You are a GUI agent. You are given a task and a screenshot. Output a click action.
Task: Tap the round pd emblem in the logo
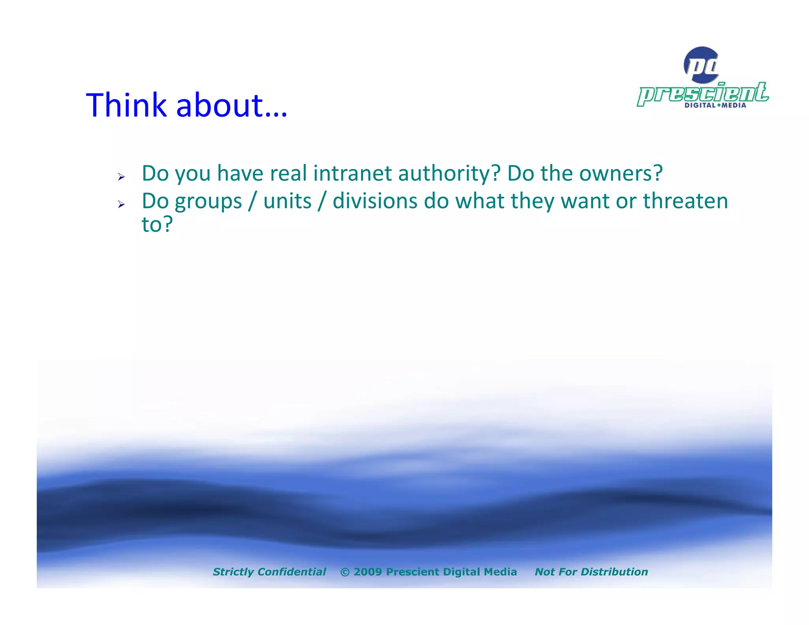pyautogui.click(x=702, y=65)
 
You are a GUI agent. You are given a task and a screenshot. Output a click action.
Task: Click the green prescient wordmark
pyautogui.click(x=703, y=94)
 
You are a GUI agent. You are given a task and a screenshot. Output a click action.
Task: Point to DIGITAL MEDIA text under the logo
pyautogui.click(x=715, y=105)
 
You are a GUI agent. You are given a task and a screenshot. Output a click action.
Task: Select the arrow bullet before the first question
pyautogui.click(x=121, y=177)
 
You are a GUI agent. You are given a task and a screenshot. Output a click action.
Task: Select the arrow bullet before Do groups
pyautogui.click(x=121, y=204)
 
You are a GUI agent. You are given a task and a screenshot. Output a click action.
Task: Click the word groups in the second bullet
pyautogui.click(x=208, y=202)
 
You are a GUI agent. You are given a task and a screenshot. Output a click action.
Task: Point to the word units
pyautogui.click(x=287, y=201)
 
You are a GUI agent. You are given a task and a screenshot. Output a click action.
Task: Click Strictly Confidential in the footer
pyautogui.click(x=269, y=572)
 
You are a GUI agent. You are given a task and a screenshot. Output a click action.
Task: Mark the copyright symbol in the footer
pyautogui.click(x=345, y=572)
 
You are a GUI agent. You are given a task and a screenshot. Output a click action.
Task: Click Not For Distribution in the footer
pyautogui.click(x=591, y=572)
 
